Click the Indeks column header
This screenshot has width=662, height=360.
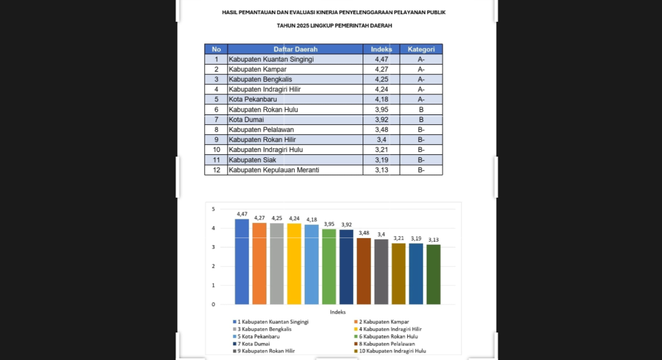(x=381, y=49)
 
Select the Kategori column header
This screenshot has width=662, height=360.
(x=421, y=49)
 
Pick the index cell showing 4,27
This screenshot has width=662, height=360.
(x=381, y=69)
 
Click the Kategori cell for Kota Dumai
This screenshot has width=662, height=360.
(x=421, y=120)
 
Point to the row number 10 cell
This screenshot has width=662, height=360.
(x=216, y=150)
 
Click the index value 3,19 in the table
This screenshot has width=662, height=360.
(x=381, y=159)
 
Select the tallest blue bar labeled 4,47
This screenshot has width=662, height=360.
(x=242, y=261)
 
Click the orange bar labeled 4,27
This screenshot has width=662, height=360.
(x=259, y=263)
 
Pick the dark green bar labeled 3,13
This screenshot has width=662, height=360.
(x=433, y=274)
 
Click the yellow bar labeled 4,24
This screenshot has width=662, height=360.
(x=294, y=264)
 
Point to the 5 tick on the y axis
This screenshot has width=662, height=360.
(x=213, y=209)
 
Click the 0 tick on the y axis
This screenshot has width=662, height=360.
(x=213, y=304)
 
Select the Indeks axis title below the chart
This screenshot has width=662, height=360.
(x=338, y=312)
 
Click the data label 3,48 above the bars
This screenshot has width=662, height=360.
(x=364, y=233)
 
